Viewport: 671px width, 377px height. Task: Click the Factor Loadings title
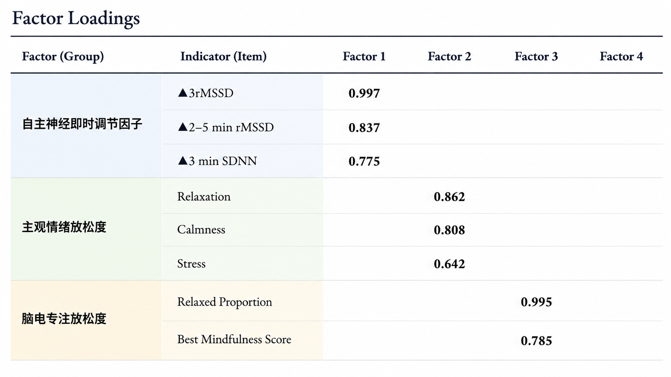point(76,18)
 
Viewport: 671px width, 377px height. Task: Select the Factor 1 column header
point(364,56)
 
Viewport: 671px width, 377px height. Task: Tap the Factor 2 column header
point(449,56)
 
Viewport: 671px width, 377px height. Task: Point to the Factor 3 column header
point(536,56)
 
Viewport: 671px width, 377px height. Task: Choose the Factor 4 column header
point(621,56)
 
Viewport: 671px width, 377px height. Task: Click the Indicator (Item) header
point(224,56)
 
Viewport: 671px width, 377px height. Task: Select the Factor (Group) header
point(63,56)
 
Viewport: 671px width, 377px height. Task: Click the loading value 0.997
point(364,93)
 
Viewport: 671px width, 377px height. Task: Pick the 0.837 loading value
point(364,128)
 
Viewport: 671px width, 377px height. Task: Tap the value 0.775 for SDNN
point(364,161)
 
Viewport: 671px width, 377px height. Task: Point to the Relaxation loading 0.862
point(449,197)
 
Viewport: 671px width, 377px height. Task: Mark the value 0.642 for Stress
point(449,264)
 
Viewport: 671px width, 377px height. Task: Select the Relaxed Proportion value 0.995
point(536,302)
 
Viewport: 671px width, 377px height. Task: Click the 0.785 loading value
point(536,341)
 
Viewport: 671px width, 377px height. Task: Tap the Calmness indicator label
point(201,230)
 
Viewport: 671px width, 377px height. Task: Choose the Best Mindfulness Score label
point(234,339)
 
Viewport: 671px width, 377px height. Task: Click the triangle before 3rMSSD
point(183,93)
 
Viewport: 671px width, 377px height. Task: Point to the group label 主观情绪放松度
point(64,227)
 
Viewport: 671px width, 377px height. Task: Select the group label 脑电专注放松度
point(64,319)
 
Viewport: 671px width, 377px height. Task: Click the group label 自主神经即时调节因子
point(82,124)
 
